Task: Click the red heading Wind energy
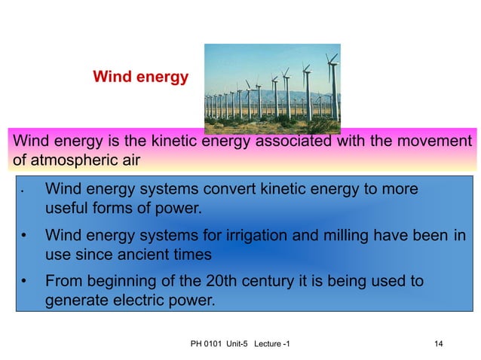139,77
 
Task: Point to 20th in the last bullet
223,281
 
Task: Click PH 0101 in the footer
204,344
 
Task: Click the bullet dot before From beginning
25,282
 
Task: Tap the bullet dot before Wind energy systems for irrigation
25,236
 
